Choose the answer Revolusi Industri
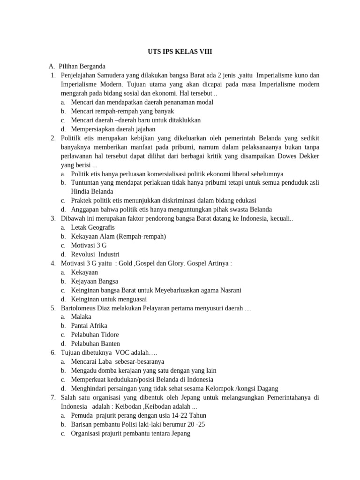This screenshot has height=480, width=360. [x=92, y=254]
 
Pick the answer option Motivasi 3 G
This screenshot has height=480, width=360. [x=89, y=245]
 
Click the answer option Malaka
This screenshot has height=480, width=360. [x=81, y=317]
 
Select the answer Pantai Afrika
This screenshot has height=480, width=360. [x=89, y=326]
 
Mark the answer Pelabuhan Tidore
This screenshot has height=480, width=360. [x=95, y=335]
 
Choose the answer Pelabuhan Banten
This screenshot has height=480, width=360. [x=95, y=344]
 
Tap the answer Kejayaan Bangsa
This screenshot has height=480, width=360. [x=94, y=281]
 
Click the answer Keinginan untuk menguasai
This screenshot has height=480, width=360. [x=109, y=299]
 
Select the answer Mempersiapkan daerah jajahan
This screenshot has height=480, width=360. [x=113, y=129]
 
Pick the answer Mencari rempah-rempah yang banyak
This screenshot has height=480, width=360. [x=122, y=111]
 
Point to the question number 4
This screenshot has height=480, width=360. [x=53, y=263]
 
